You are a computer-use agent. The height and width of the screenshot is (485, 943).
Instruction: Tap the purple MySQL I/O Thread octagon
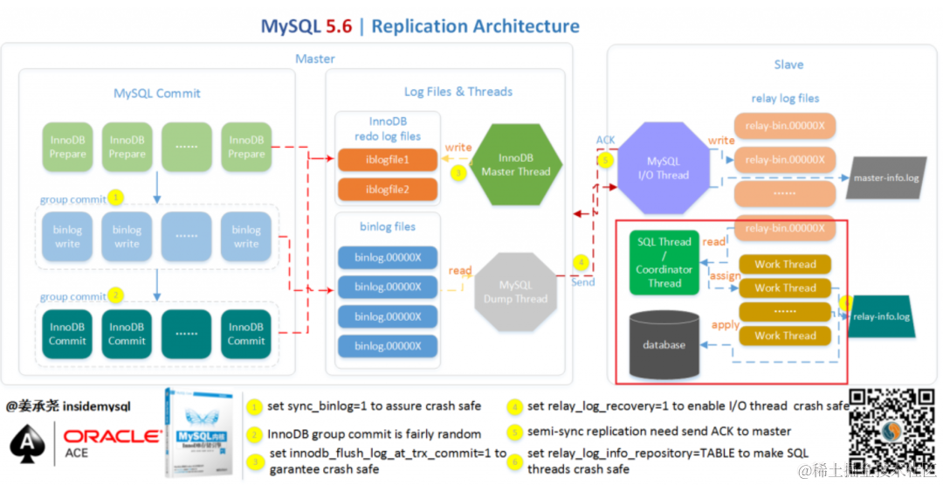668,168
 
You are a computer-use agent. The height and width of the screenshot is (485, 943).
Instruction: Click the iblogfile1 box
388,160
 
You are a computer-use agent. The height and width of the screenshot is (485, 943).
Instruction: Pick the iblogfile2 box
388,189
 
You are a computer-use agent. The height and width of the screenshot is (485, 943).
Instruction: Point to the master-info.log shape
884,178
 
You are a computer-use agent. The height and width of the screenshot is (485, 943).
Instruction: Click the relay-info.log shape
881,316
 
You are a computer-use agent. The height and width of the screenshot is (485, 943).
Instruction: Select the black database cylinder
664,343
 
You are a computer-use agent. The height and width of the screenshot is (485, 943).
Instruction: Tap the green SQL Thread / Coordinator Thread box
664,262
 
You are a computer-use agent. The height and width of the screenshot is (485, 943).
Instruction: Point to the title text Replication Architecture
475,26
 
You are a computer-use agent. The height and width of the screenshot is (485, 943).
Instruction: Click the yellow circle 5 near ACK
605,160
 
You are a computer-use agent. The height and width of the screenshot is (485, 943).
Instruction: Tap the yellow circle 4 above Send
581,261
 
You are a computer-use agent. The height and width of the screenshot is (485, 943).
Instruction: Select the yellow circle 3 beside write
458,173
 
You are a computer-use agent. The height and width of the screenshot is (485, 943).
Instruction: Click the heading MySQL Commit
157,93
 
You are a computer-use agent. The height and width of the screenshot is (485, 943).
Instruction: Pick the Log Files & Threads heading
458,91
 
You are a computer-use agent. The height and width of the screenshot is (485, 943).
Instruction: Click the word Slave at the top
788,64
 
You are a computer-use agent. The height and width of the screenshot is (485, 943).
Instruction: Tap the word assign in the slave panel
725,275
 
